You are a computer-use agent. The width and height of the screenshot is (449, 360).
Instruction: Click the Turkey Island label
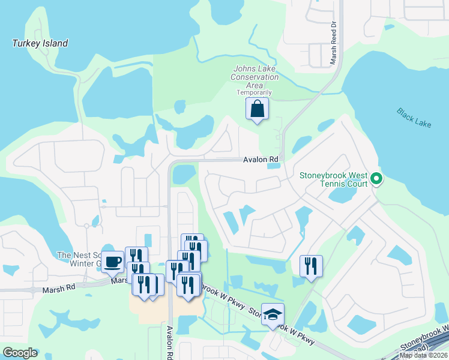(40, 43)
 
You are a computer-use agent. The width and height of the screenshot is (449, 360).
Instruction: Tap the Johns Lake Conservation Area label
(255, 77)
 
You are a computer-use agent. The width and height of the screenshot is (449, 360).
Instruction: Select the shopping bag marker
(257, 109)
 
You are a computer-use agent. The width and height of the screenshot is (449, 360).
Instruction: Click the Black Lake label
(413, 116)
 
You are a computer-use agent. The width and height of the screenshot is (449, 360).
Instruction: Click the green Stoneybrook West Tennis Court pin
(376, 178)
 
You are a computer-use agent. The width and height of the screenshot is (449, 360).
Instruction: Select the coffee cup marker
(112, 262)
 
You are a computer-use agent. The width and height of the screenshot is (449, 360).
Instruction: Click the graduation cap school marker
(273, 314)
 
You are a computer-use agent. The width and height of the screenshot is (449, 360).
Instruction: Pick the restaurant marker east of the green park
(311, 265)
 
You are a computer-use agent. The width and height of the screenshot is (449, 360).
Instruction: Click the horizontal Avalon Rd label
(261, 160)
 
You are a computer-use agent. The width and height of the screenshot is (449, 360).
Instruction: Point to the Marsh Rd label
(58, 289)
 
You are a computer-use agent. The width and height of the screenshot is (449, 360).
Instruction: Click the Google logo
(19, 353)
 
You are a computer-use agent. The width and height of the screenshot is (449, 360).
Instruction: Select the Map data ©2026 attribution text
(423, 355)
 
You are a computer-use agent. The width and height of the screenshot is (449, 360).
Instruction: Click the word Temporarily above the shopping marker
(254, 92)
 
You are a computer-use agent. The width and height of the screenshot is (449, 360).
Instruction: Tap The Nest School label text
(78, 255)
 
